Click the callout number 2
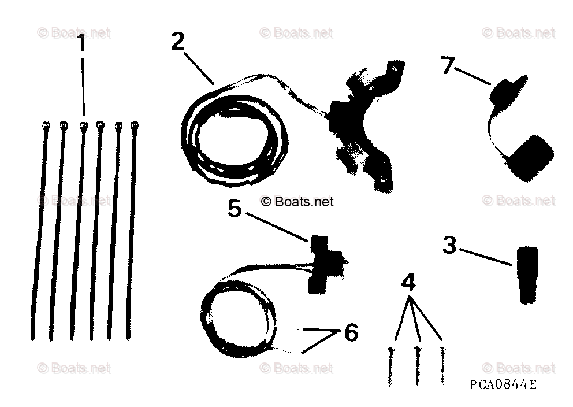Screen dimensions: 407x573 point(178,42)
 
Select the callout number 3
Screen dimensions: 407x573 point(449,245)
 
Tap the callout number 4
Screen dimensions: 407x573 point(408,283)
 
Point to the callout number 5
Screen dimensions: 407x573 point(235,208)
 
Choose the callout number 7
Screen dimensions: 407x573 point(447,65)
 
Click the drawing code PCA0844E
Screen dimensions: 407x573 point(503,384)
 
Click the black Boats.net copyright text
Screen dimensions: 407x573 point(297,202)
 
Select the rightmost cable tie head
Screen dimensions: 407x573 point(135,124)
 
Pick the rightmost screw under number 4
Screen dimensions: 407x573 point(444,364)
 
